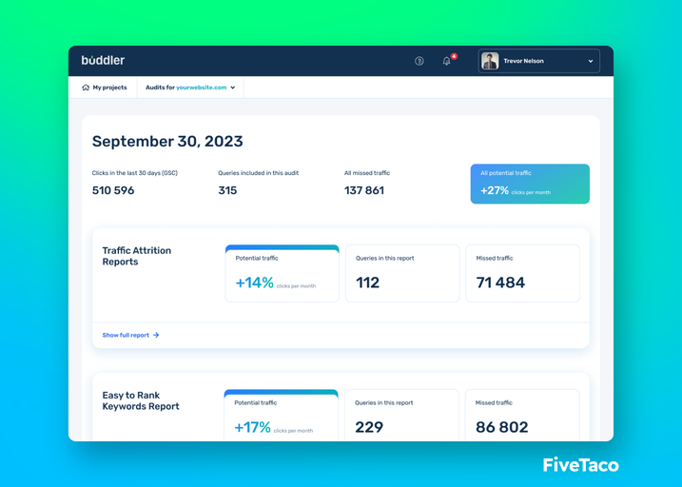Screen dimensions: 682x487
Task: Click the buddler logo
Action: (103, 61)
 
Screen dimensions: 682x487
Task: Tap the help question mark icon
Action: (419, 61)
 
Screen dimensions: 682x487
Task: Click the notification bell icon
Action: (447, 61)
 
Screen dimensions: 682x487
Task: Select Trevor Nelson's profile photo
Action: (490, 61)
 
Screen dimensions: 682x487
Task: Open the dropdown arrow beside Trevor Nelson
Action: (591, 61)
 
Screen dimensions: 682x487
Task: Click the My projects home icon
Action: (86, 88)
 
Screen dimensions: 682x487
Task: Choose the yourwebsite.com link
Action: (202, 88)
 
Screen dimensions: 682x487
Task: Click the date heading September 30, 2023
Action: (167, 142)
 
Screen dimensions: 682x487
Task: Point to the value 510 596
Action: (113, 190)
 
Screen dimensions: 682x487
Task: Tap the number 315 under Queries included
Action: (227, 190)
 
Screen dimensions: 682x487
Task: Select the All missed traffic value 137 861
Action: (364, 190)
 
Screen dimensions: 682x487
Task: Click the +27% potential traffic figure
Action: (495, 190)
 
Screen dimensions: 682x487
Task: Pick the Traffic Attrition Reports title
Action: (137, 256)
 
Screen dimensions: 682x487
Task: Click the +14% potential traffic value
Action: (255, 282)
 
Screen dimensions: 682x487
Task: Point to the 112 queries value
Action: (367, 282)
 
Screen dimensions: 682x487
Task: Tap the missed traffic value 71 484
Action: (500, 282)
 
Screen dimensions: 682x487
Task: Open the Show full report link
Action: (130, 335)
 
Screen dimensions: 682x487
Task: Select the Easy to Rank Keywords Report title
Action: (141, 400)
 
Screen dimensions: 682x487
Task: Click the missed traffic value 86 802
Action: (502, 427)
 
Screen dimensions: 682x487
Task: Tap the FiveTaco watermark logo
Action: (580, 465)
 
